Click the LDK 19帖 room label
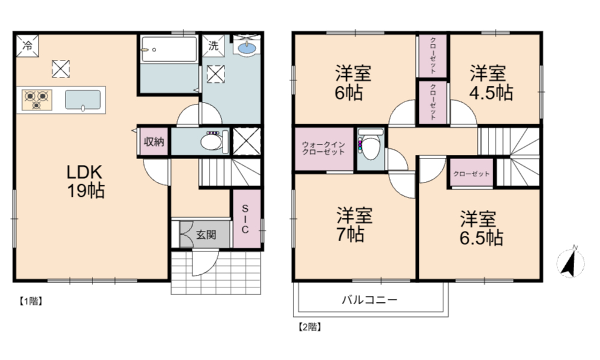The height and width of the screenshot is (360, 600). (86, 181)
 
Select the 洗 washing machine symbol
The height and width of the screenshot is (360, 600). (213, 46)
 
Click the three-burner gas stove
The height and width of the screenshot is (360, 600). (37, 100)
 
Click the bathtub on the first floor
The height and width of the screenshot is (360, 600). (169, 49)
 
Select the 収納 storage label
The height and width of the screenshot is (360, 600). (154, 142)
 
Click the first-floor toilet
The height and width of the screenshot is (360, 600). (214, 141)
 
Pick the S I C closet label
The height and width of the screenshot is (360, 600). (245, 219)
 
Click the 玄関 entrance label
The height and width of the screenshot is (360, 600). (206, 235)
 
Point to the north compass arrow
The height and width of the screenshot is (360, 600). (570, 262)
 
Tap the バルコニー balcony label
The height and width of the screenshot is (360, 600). (369, 299)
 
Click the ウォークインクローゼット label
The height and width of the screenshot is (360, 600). (323, 148)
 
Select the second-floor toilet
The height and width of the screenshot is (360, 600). (370, 145)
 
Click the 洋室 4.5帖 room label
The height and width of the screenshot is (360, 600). (491, 83)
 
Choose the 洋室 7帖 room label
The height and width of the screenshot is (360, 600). (354, 224)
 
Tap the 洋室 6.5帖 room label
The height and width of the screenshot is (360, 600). (481, 228)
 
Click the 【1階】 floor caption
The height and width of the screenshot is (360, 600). (31, 301)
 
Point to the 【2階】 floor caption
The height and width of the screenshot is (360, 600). (309, 327)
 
